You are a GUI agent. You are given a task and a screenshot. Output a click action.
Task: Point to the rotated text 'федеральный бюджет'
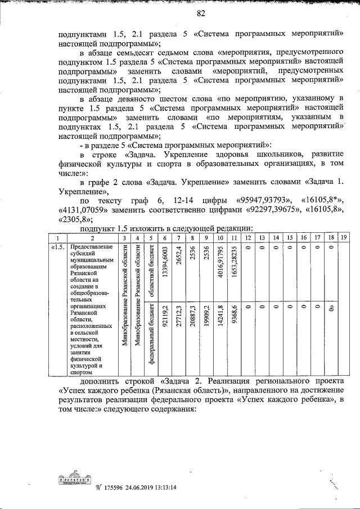151,338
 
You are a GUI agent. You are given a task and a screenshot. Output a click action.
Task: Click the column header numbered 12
248,238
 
